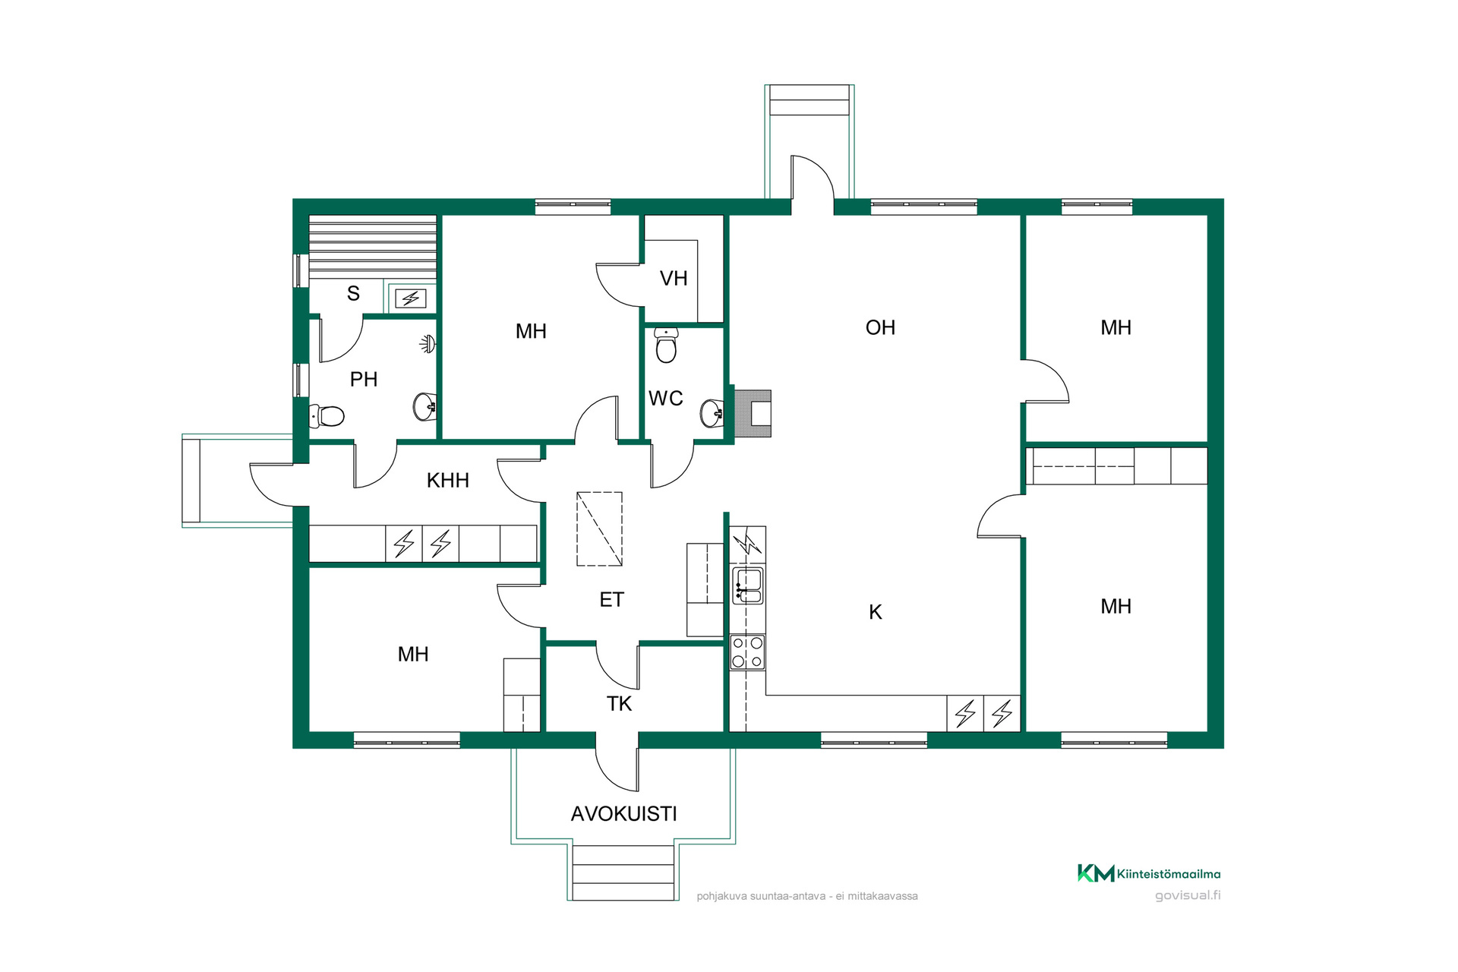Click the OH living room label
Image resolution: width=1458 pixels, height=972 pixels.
[x=880, y=327]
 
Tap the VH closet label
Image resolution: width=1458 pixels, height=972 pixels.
[x=674, y=279]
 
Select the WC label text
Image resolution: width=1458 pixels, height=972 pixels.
[x=665, y=398]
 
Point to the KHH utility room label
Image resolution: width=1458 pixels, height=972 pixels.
[x=447, y=480]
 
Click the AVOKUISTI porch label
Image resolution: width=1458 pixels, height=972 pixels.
[x=623, y=814]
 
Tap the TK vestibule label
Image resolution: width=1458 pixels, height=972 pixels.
[x=619, y=704]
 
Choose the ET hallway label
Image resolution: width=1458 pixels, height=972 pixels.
[x=611, y=600]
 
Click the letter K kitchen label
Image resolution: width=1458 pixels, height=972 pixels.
[x=876, y=612]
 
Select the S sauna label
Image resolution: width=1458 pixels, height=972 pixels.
[x=353, y=293]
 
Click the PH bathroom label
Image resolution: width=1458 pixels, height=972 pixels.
[x=364, y=379]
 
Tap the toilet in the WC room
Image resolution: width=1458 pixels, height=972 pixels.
[x=666, y=346]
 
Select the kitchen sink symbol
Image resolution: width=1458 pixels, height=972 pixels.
[x=748, y=585]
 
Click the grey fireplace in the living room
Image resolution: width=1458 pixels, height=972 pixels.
[x=753, y=413]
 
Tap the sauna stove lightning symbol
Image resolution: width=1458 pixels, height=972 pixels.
[x=411, y=298]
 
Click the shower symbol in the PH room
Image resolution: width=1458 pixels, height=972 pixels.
[x=428, y=344]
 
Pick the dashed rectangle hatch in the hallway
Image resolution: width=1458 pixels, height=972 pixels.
[x=600, y=529]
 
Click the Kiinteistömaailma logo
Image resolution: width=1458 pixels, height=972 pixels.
[x=1149, y=874]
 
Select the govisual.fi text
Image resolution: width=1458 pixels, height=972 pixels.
[x=1188, y=895]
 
